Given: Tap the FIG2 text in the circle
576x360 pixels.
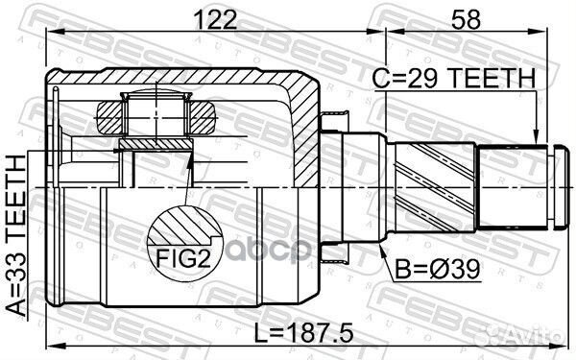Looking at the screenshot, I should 181,257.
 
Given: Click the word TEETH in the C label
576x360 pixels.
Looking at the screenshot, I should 488,82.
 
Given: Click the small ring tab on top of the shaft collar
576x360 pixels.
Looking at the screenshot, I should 333,120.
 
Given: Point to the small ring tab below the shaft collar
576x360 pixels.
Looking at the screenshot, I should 333,252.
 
